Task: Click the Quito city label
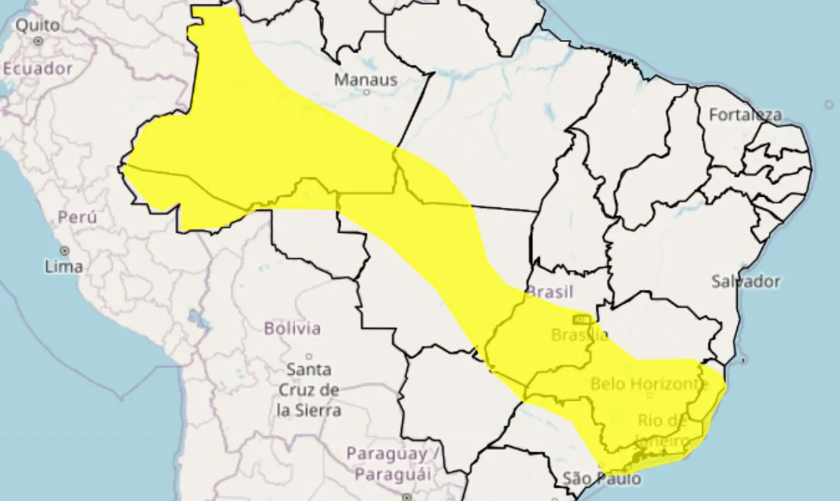37,26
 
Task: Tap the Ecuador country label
37,68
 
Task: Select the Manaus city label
366,80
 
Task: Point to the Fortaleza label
745,115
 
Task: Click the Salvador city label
746,281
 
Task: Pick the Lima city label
64,266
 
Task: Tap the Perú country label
77,217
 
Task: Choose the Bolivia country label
292,328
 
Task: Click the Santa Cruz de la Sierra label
309,390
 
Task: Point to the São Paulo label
602,479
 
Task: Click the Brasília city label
579,335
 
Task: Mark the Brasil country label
550,292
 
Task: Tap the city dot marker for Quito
39,41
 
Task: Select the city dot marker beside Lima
64,251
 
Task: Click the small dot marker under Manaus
366,92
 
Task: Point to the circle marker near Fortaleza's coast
829,104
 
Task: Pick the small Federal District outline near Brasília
580,319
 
